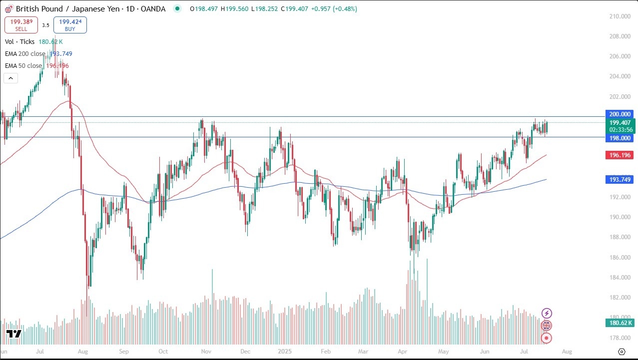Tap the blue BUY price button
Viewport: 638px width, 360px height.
point(70,25)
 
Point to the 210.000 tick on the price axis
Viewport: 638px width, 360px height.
point(618,16)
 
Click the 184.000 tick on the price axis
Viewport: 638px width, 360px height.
point(618,278)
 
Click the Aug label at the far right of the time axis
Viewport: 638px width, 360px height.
point(567,351)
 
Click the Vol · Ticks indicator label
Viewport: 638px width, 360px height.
point(20,42)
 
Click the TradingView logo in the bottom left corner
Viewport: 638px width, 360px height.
point(13,334)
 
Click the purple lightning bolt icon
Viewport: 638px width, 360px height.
point(547,313)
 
